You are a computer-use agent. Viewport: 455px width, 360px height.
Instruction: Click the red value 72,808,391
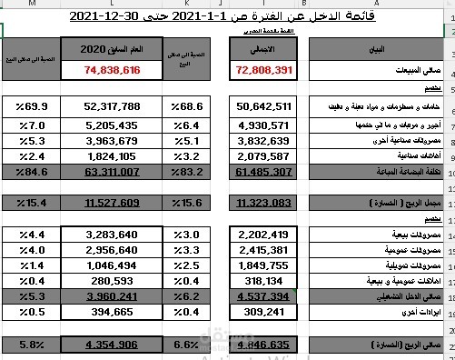tap(264, 69)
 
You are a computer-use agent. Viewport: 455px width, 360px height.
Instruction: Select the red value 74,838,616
tap(113, 69)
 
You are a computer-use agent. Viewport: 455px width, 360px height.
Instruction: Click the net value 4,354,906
tap(112, 346)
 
